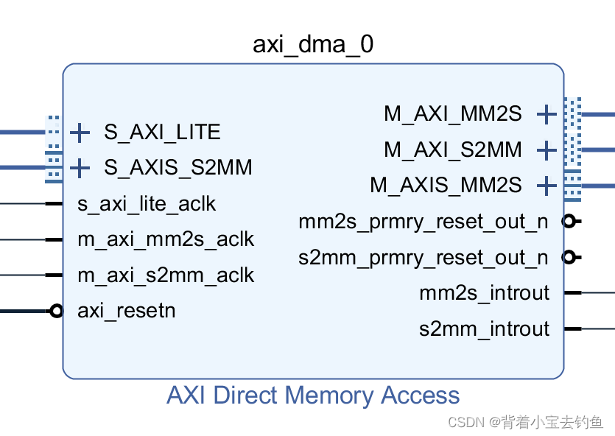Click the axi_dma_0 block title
(x=313, y=45)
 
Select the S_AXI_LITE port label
(x=162, y=132)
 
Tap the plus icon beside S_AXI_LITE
(x=80, y=133)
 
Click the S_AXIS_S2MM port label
(x=178, y=167)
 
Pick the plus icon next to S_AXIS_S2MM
(x=80, y=168)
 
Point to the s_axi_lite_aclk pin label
(x=147, y=203)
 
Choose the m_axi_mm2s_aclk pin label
(x=166, y=239)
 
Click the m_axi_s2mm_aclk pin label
(x=166, y=275)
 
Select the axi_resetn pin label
(x=127, y=310)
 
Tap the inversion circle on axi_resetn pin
(x=56, y=311)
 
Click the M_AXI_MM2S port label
(x=452, y=113)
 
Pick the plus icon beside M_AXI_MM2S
(x=546, y=114)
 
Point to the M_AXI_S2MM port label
(x=452, y=150)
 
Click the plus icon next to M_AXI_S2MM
(x=546, y=150)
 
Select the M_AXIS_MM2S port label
(x=446, y=184)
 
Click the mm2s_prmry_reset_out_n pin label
(x=424, y=221)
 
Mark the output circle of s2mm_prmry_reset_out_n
(x=568, y=257)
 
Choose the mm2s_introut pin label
(x=484, y=292)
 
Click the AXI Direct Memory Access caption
(x=313, y=395)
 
